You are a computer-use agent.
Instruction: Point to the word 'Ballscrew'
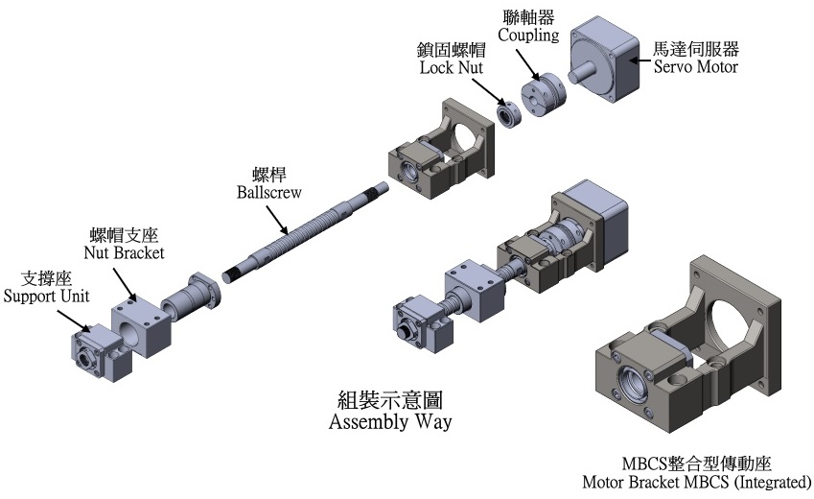click(x=269, y=192)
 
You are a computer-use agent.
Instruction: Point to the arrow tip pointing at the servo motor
click(x=629, y=59)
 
